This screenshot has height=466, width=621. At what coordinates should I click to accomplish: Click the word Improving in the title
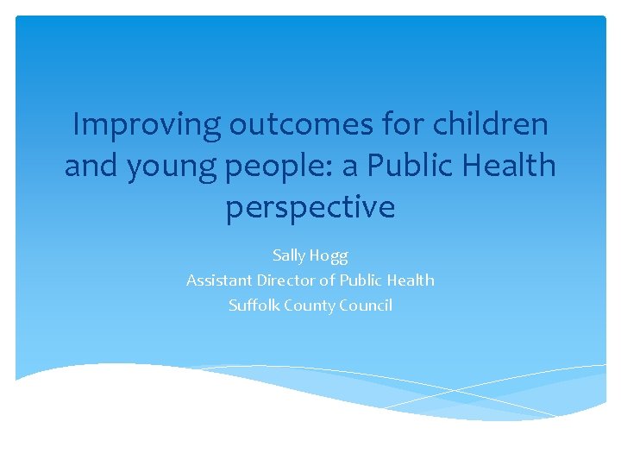[x=147, y=125]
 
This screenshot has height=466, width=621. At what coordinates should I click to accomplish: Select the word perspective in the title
[x=310, y=207]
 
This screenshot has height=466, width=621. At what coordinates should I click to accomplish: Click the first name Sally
[x=291, y=255]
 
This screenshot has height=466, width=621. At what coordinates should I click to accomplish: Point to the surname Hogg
[x=330, y=255]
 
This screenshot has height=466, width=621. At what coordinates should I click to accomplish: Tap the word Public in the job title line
[x=362, y=280]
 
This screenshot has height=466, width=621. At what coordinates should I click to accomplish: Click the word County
[x=305, y=305]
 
